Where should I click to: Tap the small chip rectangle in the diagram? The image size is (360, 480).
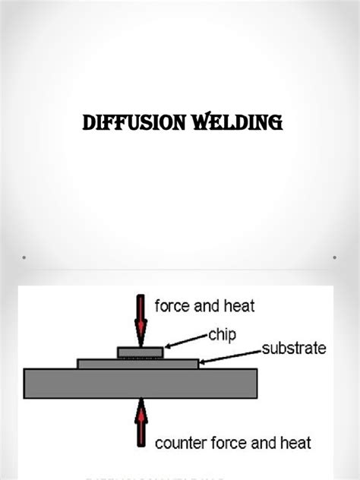(141, 352)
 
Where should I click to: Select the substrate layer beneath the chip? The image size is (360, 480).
(99, 364)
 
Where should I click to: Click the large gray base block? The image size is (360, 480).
(141, 383)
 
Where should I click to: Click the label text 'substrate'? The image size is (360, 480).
(294, 349)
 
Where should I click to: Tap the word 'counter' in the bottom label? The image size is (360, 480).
(180, 443)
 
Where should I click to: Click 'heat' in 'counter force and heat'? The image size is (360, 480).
(295, 443)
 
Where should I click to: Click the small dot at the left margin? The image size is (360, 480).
(24, 257)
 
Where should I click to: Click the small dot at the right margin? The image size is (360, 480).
(335, 257)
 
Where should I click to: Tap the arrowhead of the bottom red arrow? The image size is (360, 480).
(141, 406)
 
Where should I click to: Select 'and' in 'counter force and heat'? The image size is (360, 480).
(261, 443)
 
